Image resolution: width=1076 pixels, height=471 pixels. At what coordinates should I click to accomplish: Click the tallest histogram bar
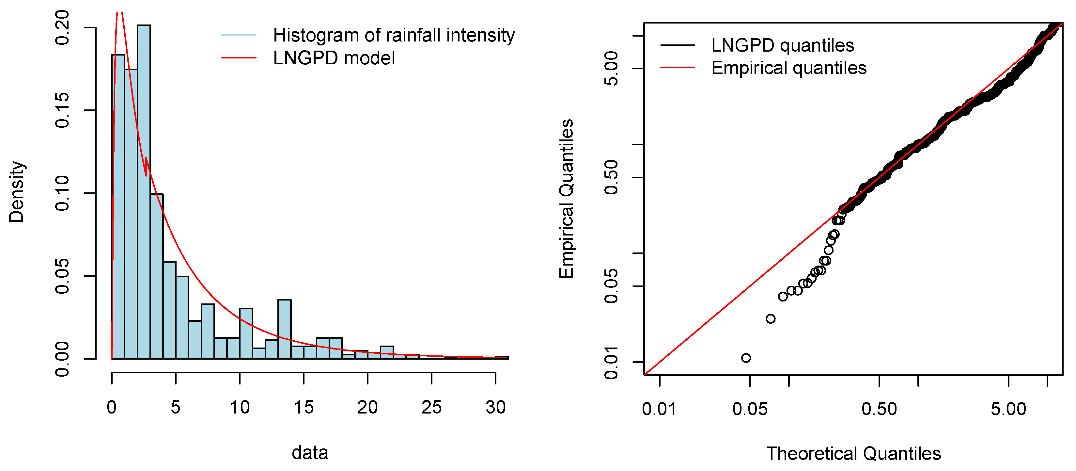click(143, 192)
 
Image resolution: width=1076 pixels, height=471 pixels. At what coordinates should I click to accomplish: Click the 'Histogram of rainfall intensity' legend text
click(394, 35)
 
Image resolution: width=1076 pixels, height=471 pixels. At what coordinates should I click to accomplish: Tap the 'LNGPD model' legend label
click(334, 58)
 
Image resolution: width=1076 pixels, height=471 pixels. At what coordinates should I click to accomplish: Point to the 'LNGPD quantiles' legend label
click(782, 45)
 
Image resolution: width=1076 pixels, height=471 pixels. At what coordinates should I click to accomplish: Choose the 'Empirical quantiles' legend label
click(788, 68)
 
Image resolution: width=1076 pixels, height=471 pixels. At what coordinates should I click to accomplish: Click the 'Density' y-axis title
click(17, 192)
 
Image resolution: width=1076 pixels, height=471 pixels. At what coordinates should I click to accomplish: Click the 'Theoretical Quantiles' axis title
click(853, 453)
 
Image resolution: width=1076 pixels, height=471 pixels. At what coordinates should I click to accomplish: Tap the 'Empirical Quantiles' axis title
click(567, 199)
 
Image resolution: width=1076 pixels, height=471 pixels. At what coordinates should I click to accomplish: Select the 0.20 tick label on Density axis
click(62, 27)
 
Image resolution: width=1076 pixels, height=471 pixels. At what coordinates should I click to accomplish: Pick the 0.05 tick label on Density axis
click(62, 276)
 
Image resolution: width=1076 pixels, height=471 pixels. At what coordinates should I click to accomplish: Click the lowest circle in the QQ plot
click(746, 358)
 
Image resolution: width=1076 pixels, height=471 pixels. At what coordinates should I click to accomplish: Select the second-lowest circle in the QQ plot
click(771, 319)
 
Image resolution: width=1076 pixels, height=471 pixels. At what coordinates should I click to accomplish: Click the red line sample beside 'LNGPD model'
click(239, 58)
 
